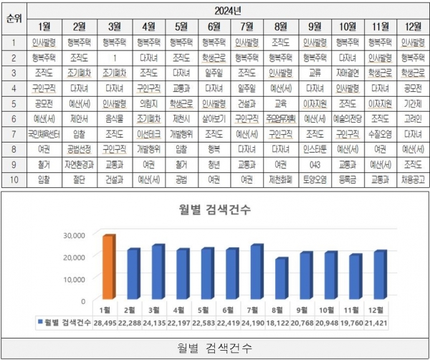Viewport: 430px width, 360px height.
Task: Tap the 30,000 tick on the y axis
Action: pyautogui.click(x=74, y=235)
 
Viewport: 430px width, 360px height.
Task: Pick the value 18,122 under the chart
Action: pyautogui.click(x=282, y=324)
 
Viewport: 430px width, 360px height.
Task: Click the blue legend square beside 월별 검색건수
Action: pyautogui.click(x=41, y=324)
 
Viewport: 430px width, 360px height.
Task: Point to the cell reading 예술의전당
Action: pyautogui.click(x=347, y=118)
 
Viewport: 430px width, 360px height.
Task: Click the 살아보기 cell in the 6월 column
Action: pyautogui.click(x=213, y=118)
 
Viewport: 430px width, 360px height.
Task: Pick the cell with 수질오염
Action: pyautogui.click(x=379, y=133)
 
